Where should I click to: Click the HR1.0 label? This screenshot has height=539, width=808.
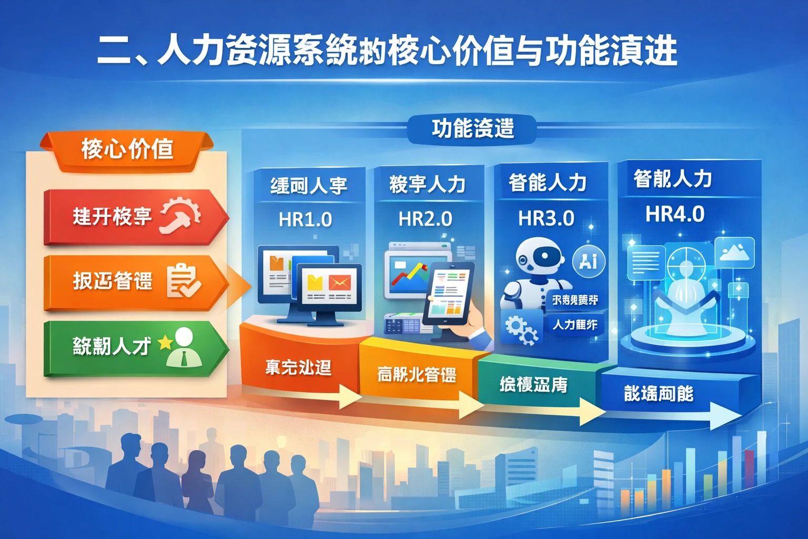click(x=305, y=219)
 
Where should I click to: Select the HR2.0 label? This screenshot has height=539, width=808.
click(x=425, y=218)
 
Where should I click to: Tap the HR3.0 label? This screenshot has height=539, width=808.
click(x=546, y=218)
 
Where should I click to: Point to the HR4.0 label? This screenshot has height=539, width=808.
click(x=675, y=214)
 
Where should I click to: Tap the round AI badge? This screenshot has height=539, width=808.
click(x=588, y=261)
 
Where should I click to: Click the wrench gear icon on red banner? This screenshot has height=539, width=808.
click(x=180, y=215)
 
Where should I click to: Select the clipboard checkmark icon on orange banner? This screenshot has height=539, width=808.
click(x=183, y=281)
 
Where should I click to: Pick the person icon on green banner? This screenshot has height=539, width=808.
click(x=184, y=347)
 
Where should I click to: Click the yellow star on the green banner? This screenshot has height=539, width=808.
click(x=165, y=343)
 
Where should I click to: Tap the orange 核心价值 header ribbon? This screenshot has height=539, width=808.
click(x=127, y=149)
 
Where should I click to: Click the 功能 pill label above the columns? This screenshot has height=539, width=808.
click(x=472, y=128)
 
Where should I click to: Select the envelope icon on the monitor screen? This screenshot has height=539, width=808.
click(x=339, y=283)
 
